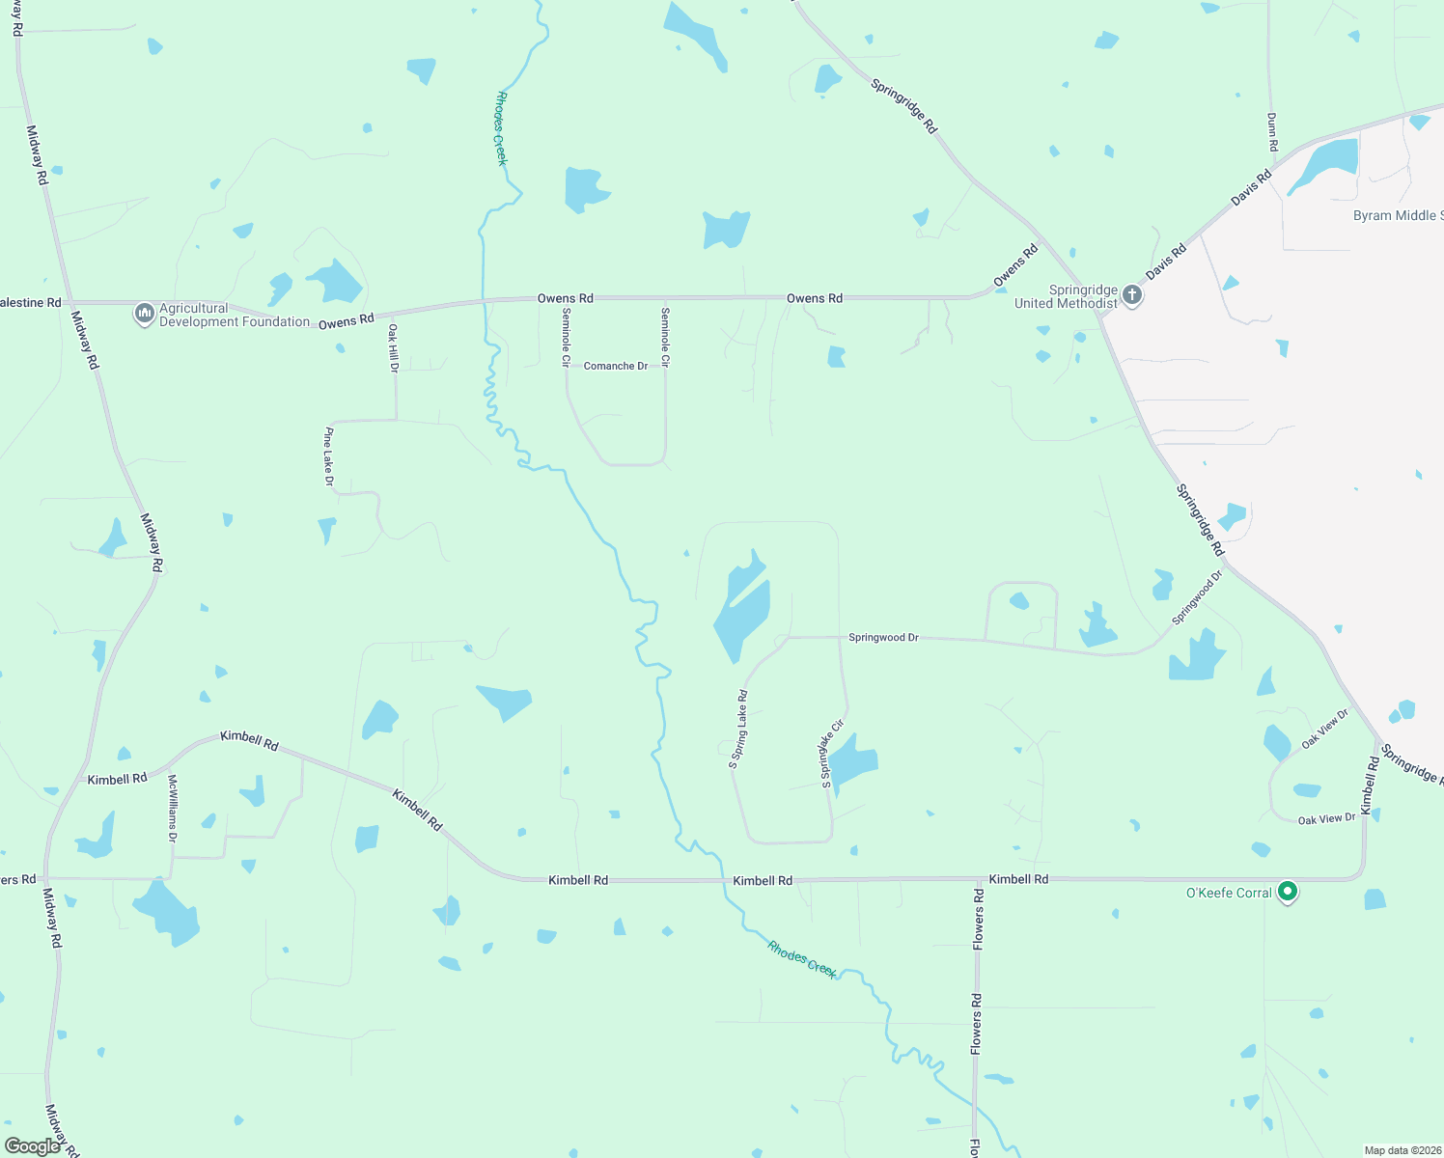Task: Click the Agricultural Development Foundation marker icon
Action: tap(145, 314)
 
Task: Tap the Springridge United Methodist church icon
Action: tap(1132, 294)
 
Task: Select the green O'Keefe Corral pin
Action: tap(1287, 892)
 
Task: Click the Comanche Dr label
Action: tap(616, 366)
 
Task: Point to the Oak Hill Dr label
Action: tap(393, 347)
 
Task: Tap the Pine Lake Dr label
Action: tap(328, 455)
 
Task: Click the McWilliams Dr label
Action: tap(173, 809)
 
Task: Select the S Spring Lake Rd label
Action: tap(738, 729)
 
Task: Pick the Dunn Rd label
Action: tap(1272, 131)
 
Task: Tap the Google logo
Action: tap(32, 1146)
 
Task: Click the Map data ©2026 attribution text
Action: tap(1402, 1150)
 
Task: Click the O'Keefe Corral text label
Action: tap(1229, 893)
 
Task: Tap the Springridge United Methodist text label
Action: tap(1066, 296)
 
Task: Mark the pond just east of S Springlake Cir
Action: tap(852, 762)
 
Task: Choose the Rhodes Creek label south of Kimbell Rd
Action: tap(802, 959)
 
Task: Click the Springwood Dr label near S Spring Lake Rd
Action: tap(883, 638)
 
